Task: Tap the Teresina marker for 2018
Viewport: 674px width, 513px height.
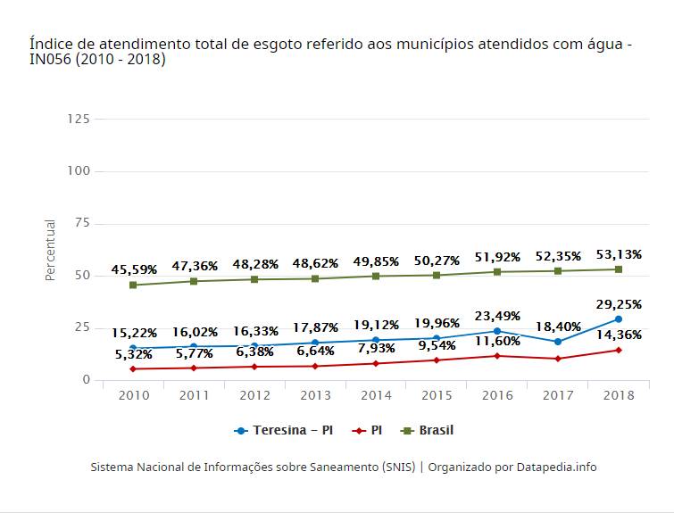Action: [x=619, y=319]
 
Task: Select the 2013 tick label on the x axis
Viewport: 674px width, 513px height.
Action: [x=315, y=395]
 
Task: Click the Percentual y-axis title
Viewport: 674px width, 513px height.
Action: [x=51, y=251]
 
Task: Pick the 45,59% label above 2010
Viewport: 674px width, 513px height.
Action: [x=134, y=269]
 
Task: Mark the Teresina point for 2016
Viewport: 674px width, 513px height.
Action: [x=497, y=331]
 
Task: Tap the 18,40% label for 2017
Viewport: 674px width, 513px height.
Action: [x=559, y=327]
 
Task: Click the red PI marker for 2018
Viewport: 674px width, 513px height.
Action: [x=619, y=350]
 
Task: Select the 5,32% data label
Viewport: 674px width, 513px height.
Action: [x=134, y=354]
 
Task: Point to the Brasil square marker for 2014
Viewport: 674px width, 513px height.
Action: [x=376, y=276]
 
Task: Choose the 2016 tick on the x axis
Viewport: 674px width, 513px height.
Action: [x=497, y=395]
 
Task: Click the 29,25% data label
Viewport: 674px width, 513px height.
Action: [x=619, y=304]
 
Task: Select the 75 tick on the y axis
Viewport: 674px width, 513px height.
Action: [x=82, y=223]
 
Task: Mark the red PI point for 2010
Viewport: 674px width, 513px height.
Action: [x=133, y=368]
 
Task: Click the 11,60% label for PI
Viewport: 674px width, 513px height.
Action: [x=497, y=342]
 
